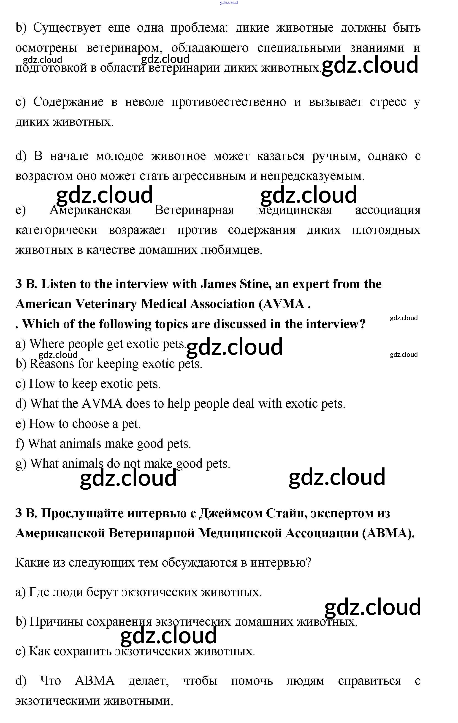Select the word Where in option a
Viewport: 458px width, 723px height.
46,344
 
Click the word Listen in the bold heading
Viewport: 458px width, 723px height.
59,284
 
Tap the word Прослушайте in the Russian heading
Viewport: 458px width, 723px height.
82,513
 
